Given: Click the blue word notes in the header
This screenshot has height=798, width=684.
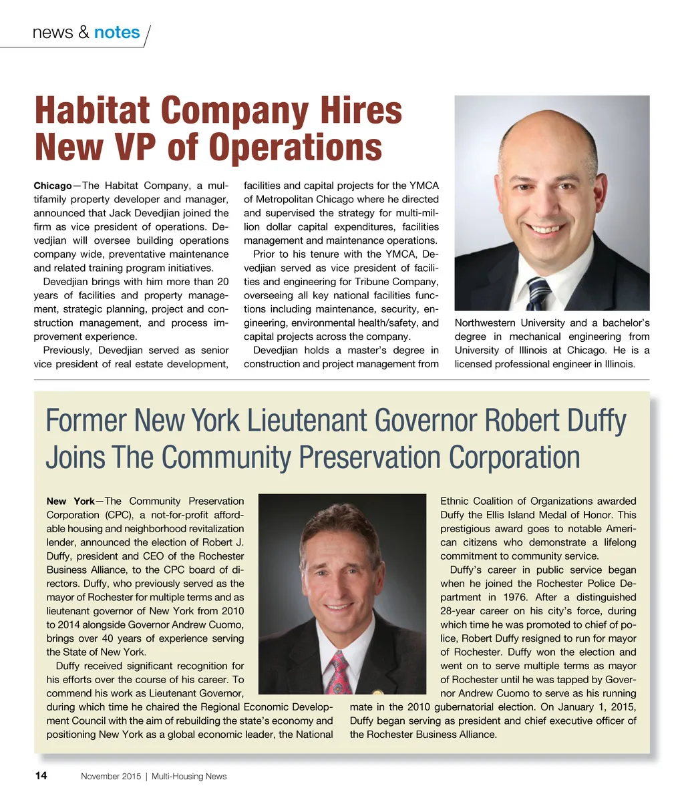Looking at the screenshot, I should (x=117, y=33).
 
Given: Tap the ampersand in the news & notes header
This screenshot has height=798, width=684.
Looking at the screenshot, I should (x=83, y=33).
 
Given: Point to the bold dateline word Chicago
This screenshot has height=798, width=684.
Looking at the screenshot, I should (x=53, y=186).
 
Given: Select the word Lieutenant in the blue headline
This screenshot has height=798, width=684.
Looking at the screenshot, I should (x=305, y=421).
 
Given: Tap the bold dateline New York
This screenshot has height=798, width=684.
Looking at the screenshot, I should (x=70, y=502).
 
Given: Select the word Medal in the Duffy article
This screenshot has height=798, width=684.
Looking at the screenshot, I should (x=564, y=515).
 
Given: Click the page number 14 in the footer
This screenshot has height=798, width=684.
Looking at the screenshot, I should (x=41, y=776).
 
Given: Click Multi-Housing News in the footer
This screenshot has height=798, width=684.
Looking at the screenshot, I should (x=189, y=777).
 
